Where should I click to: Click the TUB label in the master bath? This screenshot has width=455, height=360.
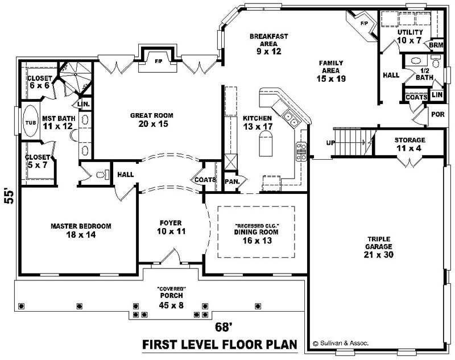pyautogui.click(x=30, y=122)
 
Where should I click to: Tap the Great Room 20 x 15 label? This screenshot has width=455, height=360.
pyautogui.click(x=151, y=119)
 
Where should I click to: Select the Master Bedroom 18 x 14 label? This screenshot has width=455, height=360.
pyautogui.click(x=81, y=230)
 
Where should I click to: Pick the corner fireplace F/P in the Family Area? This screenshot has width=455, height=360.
pyautogui.click(x=363, y=23)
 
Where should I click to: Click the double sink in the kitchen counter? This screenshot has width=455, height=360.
pyautogui.click(x=291, y=119)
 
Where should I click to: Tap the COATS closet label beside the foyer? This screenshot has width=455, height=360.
pyautogui.click(x=205, y=180)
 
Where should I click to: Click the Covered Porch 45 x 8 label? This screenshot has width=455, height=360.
pyautogui.click(x=172, y=300)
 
